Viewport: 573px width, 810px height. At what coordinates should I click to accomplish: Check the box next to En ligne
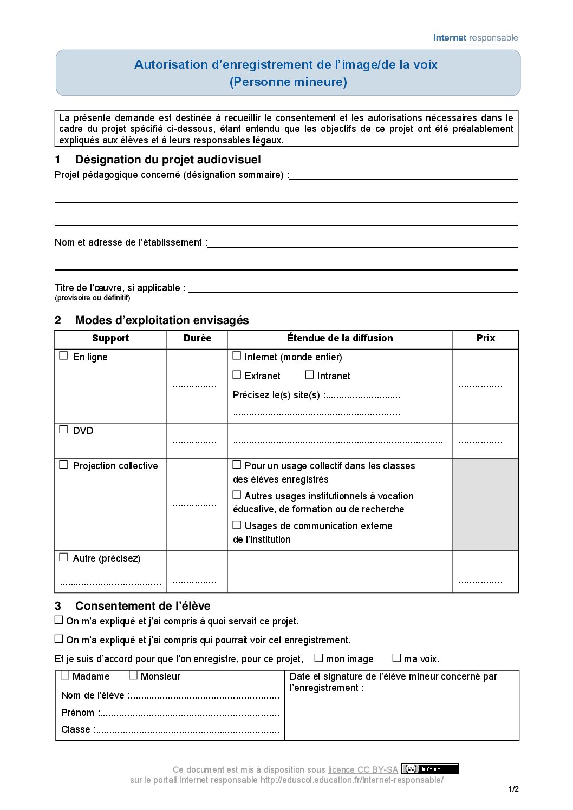63,356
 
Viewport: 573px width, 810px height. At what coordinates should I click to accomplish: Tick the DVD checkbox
63,430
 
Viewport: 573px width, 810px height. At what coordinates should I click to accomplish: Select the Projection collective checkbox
63,465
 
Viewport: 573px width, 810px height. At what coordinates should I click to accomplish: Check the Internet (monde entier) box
237,356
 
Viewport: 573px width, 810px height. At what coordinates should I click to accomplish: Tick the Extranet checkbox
237,375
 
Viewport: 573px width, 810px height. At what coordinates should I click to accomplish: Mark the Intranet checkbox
309,374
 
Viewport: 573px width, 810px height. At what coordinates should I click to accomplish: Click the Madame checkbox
65,675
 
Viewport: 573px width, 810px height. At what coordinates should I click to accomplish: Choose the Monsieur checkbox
133,675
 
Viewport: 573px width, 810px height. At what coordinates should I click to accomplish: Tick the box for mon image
318,658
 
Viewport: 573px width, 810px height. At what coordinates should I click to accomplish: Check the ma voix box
396,658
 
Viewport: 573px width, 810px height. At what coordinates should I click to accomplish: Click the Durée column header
197,338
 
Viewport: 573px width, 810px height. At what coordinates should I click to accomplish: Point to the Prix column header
485,338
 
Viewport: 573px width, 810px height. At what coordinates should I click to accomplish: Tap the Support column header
110,338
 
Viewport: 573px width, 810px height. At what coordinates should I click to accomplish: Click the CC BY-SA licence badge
430,768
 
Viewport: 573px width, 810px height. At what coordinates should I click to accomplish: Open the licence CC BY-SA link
362,769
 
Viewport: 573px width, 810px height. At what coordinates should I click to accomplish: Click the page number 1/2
513,789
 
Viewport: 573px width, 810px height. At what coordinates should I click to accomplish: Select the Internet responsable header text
476,38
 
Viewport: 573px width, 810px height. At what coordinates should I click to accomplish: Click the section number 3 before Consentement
58,606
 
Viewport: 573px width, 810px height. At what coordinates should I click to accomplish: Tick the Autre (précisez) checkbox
63,557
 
